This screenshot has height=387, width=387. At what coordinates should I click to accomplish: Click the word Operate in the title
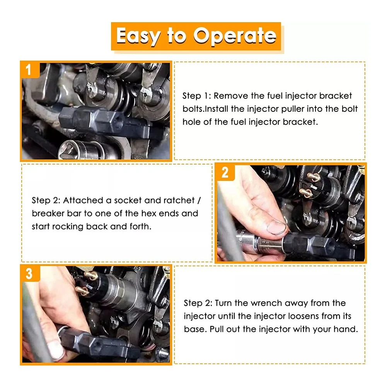coord(235,36)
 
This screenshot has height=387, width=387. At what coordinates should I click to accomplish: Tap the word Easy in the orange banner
coord(138,36)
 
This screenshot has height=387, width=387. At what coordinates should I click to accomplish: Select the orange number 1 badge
coord(30,70)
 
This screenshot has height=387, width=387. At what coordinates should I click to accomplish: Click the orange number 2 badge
coord(225,172)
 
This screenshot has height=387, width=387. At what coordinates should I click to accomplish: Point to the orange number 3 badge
coord(30,274)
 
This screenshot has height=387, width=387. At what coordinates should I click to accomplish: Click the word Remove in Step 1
coord(231,96)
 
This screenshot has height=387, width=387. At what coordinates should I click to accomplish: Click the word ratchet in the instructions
coord(179,200)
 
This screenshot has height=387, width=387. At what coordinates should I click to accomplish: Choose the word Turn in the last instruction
coord(223,303)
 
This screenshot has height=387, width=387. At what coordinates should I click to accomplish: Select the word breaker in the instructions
coord(48,213)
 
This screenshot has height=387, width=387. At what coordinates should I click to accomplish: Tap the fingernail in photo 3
coord(56,350)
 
